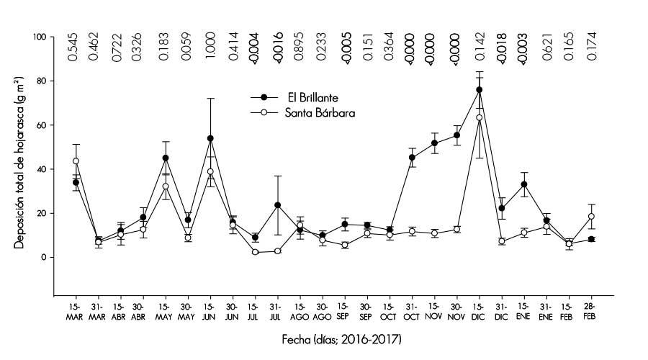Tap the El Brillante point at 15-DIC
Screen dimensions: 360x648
[x=480, y=90]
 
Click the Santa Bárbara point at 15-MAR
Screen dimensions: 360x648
[x=76, y=161]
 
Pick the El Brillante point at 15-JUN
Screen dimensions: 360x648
[x=210, y=138]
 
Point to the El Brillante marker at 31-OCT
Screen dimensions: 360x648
[x=412, y=157]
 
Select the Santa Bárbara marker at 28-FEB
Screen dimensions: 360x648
[x=591, y=216]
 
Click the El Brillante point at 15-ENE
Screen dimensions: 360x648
[x=524, y=184]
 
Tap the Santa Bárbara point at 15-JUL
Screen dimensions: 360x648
[x=255, y=252]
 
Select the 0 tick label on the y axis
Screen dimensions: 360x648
[x=43, y=257]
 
